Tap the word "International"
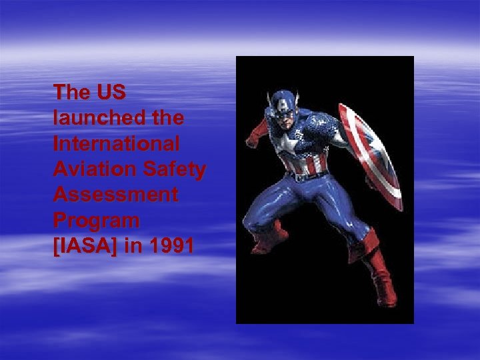tap(117, 144)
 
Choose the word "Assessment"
tap(116, 195)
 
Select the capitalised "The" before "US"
tap(71, 92)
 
